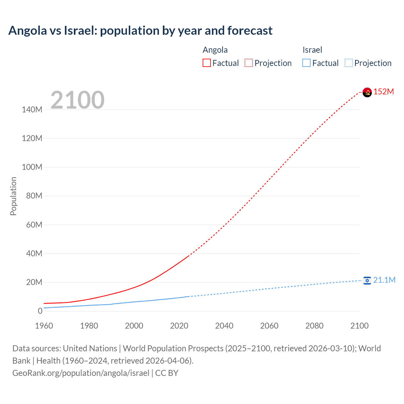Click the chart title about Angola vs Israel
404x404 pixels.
coord(140,31)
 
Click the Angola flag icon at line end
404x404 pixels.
coord(367,92)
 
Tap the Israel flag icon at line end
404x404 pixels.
coord(367,280)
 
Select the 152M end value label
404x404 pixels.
coord(384,92)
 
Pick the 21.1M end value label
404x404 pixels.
coord(384,280)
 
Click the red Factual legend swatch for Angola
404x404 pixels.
coord(207,63)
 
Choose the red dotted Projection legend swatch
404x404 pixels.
coord(249,63)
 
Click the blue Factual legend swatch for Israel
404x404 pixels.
coord(306,63)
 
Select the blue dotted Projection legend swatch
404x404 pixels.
coord(349,63)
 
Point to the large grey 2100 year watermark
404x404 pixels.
coord(77,100)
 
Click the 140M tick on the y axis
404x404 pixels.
coord(32,110)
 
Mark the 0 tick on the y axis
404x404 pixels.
coord(40,311)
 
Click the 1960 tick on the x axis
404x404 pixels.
coord(44,326)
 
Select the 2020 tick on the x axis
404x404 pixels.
coord(179,326)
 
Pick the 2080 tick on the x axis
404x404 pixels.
coord(314,326)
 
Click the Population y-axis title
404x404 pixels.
coord(13,196)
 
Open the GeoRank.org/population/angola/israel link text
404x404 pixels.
coord(81,373)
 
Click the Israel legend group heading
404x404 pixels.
coord(312,50)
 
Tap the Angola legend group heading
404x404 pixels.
coord(215,50)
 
